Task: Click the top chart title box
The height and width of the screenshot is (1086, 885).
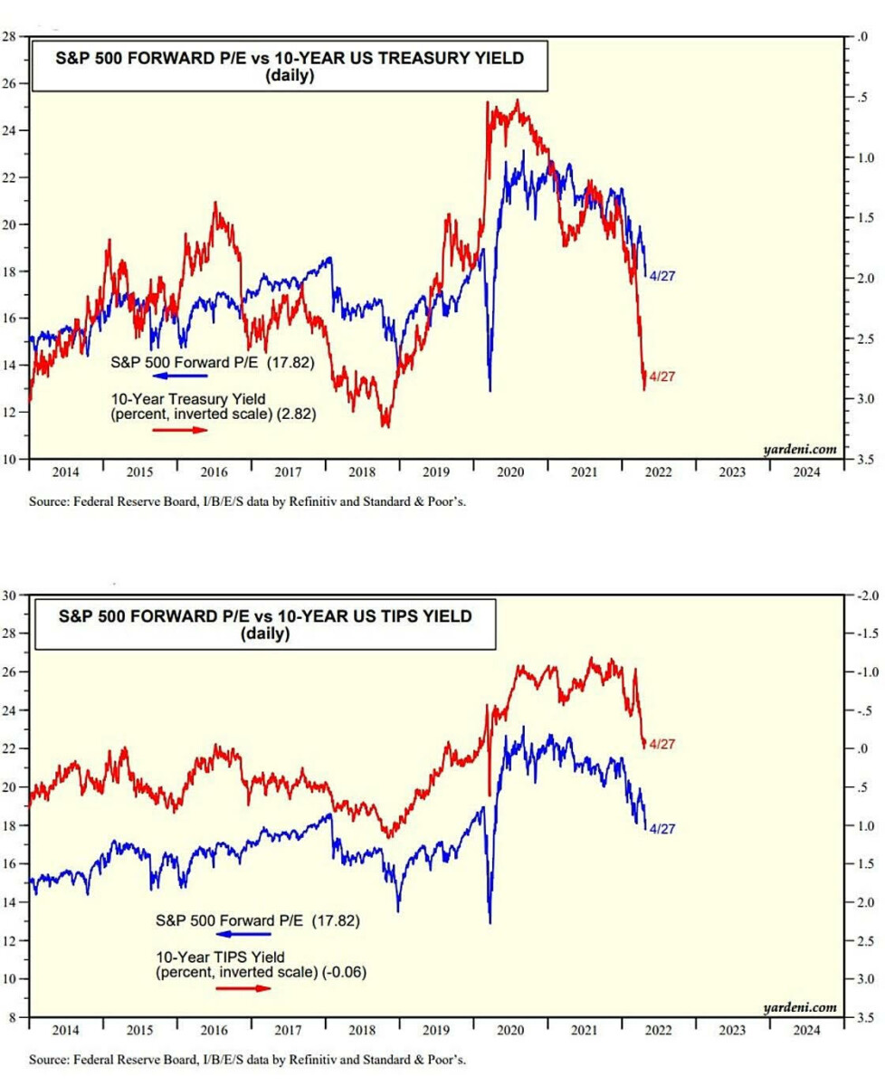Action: pyautogui.click(x=290, y=66)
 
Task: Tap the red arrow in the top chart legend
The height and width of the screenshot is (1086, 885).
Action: pyautogui.click(x=180, y=430)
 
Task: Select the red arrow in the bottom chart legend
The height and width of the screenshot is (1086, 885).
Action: pyautogui.click(x=243, y=987)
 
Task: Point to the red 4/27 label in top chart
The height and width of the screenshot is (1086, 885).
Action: pyautogui.click(x=661, y=376)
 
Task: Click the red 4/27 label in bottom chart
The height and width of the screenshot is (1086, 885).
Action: pyautogui.click(x=662, y=744)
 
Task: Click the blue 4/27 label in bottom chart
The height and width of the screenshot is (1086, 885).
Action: pyautogui.click(x=663, y=828)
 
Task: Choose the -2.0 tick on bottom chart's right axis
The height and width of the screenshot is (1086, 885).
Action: pyautogui.click(x=860, y=595)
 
